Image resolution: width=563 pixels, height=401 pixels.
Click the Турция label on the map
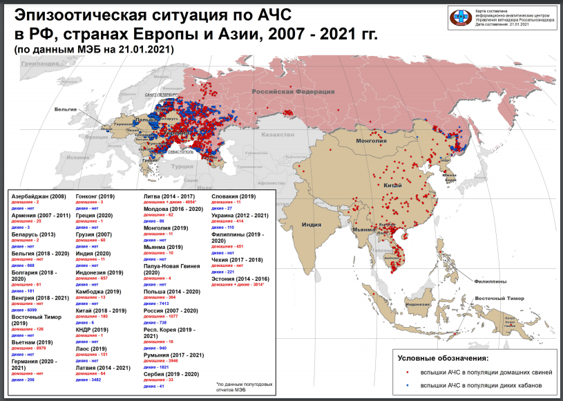click(x=182, y=167)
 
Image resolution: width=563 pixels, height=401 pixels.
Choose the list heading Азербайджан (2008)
click(x=39, y=196)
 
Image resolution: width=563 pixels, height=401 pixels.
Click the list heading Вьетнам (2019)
click(x=32, y=342)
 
